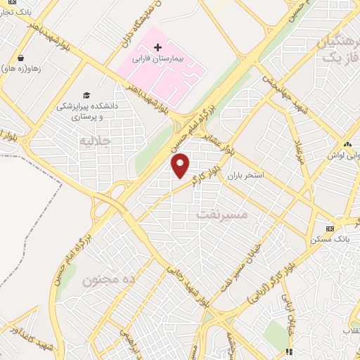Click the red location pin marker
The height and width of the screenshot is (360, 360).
[x=181, y=166]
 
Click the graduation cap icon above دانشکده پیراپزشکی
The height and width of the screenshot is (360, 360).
[x=86, y=95]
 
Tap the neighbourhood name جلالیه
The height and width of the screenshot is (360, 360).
[x=96, y=141]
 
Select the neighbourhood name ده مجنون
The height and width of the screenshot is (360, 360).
[x=108, y=279]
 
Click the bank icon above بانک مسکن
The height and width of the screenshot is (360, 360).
[x=330, y=229]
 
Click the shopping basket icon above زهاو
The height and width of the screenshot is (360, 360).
[x=21, y=58]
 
